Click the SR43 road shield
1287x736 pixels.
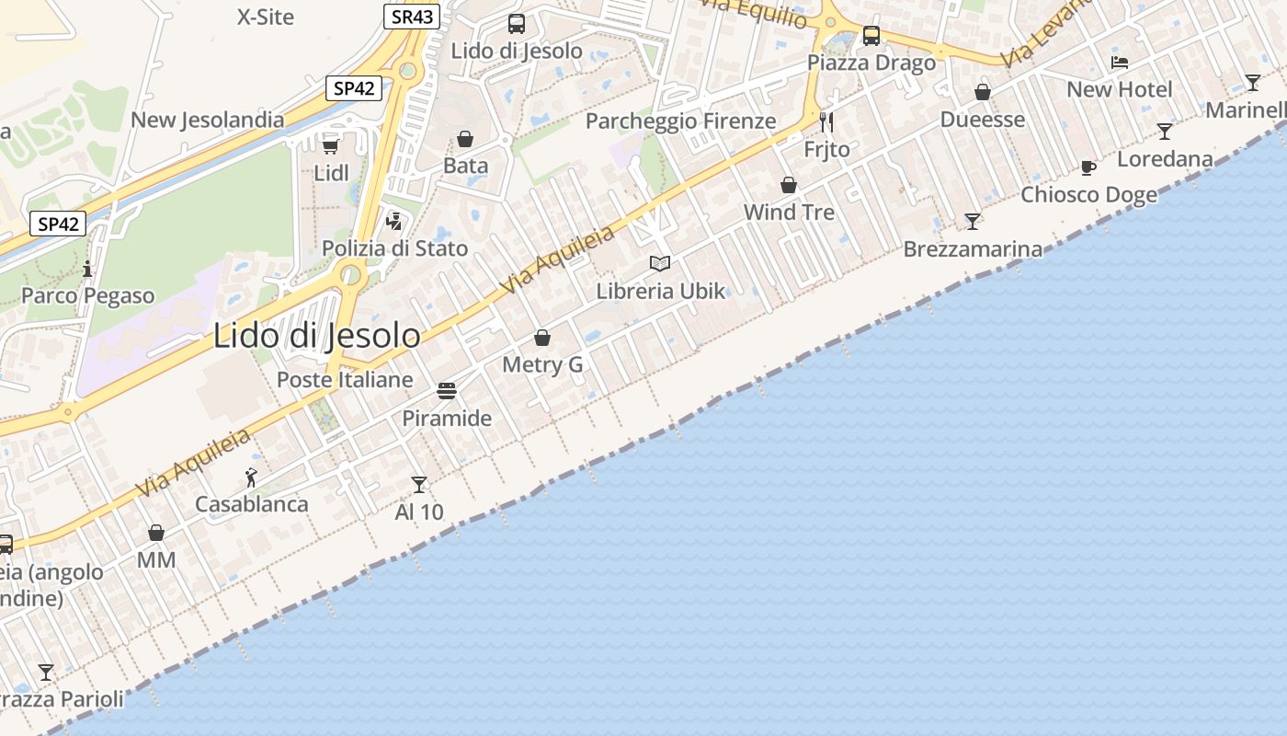412,16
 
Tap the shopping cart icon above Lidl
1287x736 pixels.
331,145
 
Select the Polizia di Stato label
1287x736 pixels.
394,248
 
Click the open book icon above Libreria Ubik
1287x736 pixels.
660,264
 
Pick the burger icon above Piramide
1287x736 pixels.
447,391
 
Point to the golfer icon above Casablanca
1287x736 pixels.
251,477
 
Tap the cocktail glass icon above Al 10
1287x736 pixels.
419,485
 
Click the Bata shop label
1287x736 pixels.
465,167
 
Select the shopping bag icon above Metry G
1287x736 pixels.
542,338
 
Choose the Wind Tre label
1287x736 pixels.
789,213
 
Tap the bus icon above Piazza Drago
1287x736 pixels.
871,36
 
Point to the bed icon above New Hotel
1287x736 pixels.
1120,63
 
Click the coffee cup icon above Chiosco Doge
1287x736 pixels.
1088,167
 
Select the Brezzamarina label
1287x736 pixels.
973,249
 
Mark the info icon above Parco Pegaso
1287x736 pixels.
87,269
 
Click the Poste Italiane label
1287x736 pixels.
345,380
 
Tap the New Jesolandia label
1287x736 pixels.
208,121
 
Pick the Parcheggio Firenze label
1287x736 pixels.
680,121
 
